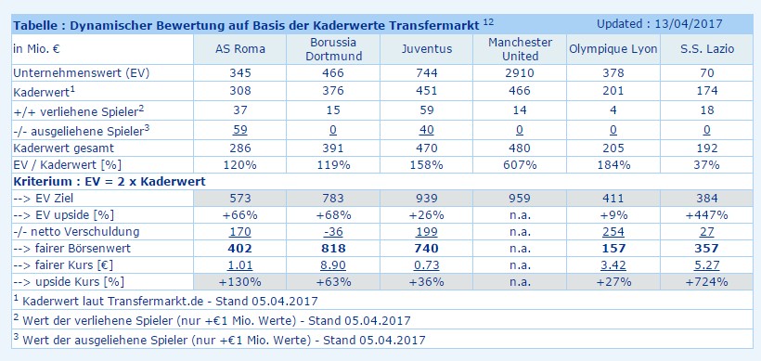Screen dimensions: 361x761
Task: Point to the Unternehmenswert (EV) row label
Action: click(x=67, y=72)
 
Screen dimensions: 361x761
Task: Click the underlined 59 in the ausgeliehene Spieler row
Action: click(x=239, y=131)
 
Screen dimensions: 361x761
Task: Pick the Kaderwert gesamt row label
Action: click(x=58, y=148)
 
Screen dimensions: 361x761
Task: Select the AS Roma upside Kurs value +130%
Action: click(x=239, y=281)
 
